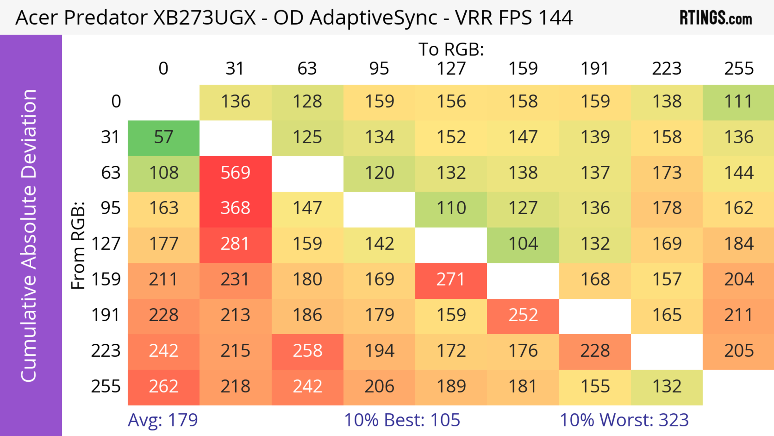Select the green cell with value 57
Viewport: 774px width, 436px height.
163,137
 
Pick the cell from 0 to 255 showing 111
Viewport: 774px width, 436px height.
739,102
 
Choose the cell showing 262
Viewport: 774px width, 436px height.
163,386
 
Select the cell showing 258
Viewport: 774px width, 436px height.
307,351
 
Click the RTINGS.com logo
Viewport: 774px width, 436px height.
716,18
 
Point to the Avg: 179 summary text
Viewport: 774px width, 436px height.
163,420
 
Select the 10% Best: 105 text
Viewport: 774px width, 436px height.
402,420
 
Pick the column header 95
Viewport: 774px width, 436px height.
379,69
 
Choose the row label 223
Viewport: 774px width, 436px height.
106,351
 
